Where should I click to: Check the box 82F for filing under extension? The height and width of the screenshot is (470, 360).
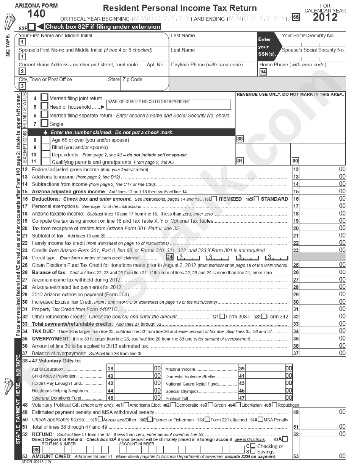click(32, 27)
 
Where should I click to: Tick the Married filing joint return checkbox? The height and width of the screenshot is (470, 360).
click(44, 98)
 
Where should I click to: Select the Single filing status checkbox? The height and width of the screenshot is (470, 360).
click(44, 123)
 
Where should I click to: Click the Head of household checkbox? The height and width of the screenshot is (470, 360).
click(44, 106)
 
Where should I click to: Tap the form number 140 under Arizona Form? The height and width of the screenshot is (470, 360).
click(36, 14)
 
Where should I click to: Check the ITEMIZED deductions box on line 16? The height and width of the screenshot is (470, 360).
click(214, 199)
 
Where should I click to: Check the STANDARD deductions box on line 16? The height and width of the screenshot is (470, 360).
click(257, 199)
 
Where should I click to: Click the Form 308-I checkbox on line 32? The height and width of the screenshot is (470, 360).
click(222, 317)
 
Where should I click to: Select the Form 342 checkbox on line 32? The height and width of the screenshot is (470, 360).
click(264, 317)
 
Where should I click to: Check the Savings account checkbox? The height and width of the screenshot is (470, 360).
click(252, 451)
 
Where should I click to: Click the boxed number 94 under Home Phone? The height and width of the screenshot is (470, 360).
click(263, 72)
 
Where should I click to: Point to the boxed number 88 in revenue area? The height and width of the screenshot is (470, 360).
click(239, 139)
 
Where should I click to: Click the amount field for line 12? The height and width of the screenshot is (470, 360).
click(318, 170)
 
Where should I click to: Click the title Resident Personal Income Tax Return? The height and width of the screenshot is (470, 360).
click(180, 8)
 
